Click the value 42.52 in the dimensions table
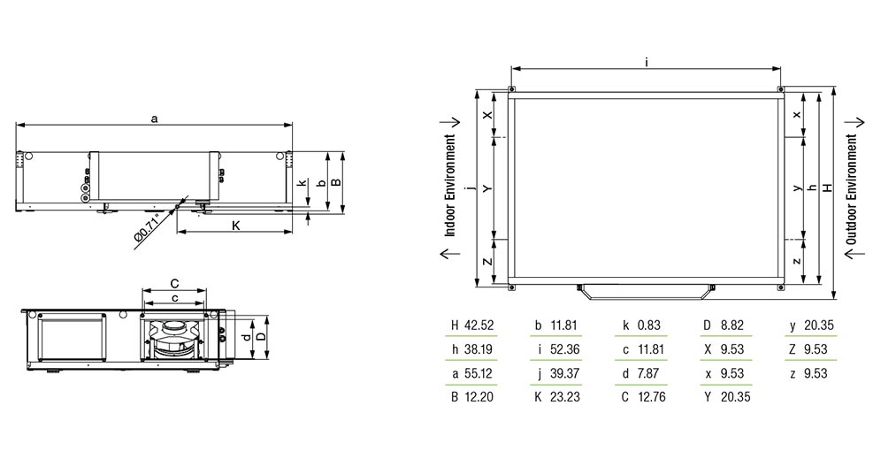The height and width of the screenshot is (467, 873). pos(479,325)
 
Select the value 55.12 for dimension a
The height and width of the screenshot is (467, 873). pos(479,373)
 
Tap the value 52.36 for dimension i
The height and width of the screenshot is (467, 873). pos(564,349)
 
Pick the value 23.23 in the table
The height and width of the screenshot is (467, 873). pos(564,397)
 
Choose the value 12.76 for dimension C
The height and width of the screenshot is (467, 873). pos(651,397)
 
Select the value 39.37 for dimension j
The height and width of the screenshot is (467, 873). pos(564,373)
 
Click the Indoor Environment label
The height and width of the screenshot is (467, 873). pos(450,186)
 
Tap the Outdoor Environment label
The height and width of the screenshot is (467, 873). pos(851,190)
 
